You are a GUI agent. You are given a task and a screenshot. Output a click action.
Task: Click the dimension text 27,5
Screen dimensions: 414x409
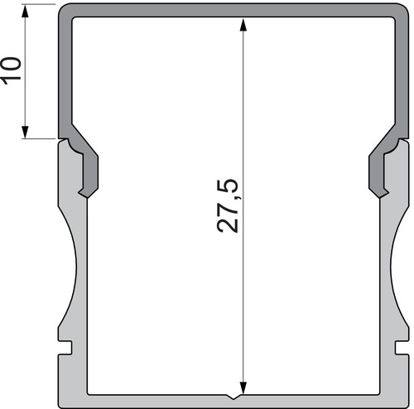pyautogui.click(x=228, y=206)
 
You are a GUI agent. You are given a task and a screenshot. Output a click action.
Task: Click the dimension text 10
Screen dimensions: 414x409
pyautogui.click(x=11, y=70)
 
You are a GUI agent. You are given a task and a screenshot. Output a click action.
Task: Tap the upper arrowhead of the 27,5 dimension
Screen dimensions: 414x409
pyautogui.click(x=243, y=25)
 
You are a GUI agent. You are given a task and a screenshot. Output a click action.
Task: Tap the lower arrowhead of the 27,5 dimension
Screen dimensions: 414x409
pyautogui.click(x=243, y=388)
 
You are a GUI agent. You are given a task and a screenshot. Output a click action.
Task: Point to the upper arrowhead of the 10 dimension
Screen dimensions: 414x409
pyautogui.click(x=25, y=11)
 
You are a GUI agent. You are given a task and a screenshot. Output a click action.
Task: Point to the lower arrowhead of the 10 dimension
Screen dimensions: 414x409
pyautogui.click(x=25, y=132)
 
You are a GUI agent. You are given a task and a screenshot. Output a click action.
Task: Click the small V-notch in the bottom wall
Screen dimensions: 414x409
pyautogui.click(x=233, y=397)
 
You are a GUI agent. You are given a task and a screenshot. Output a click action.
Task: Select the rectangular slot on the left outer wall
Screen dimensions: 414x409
pyautogui.click(x=65, y=348)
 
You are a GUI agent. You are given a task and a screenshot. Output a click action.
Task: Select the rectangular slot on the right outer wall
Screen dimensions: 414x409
pyautogui.click(x=402, y=348)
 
